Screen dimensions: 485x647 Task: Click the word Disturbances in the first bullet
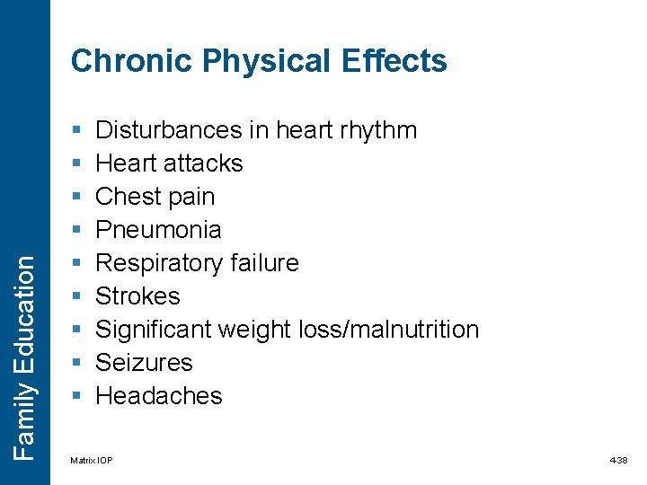point(169,130)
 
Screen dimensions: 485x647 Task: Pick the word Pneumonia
point(158,230)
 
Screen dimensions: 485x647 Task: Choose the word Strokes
point(137,296)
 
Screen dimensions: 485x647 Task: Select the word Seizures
point(144,363)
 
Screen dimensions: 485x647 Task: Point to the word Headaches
point(158,396)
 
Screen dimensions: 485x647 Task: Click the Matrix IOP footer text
point(92,461)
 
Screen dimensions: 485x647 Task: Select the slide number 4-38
point(618,461)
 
